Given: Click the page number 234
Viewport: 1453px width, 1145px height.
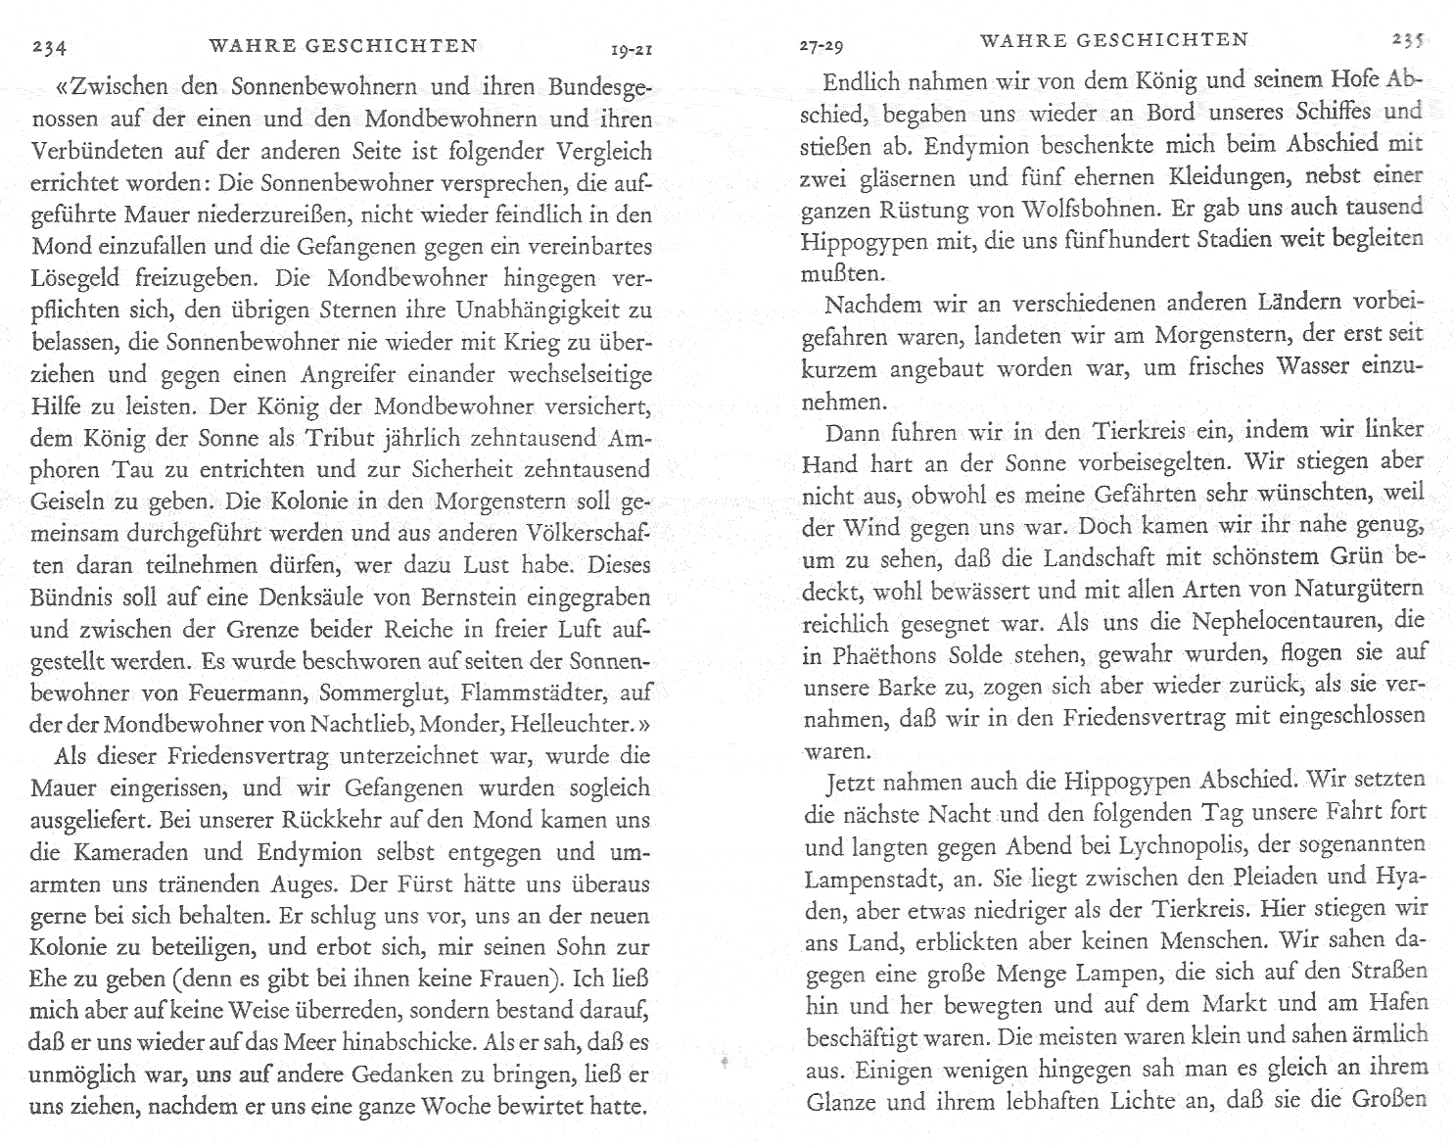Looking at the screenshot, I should [x=49, y=47].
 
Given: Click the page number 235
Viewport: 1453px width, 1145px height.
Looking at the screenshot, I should [x=1407, y=41].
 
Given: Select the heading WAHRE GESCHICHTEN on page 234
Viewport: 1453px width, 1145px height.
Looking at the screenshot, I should [x=344, y=45].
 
